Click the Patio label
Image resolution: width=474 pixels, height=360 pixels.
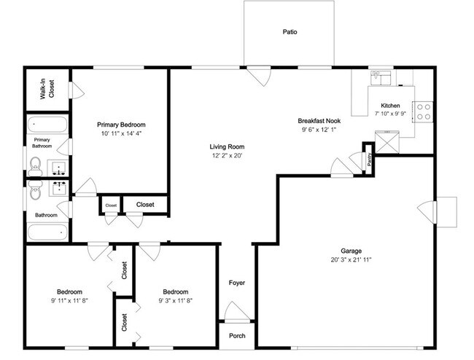pos(290,32)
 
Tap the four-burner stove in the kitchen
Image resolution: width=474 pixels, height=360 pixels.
pos(422,111)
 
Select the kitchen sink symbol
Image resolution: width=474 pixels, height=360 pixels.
pos(381,76)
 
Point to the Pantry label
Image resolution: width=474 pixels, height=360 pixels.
pos(370,159)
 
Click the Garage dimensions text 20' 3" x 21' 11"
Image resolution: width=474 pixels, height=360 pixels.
pos(354,260)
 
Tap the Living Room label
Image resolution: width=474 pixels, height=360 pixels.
pos(227,146)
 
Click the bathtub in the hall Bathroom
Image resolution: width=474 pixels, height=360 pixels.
pos(48,232)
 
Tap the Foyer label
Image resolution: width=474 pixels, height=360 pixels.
pos(237,282)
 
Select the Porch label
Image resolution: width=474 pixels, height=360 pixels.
pos(237,336)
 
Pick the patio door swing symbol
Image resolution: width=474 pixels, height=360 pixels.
pos(258,76)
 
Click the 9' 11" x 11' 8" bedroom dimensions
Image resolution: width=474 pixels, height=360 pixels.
pos(70,300)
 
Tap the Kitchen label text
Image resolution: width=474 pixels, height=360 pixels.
pos(391,105)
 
